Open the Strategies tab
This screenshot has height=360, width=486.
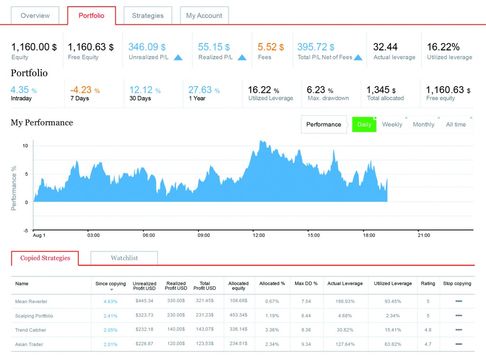coord(148,16)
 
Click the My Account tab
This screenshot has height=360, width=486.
coord(204,16)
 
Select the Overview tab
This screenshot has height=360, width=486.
coord(35,16)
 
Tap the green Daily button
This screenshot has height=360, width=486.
coord(364,124)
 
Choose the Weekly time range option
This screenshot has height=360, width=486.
coord(392,124)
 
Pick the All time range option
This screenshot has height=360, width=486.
coord(456,124)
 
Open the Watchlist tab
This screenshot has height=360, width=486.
coord(124,258)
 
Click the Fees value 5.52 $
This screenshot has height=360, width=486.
coord(271,47)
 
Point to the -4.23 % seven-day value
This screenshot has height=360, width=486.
coord(85,90)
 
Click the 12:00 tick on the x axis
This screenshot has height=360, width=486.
coord(259,235)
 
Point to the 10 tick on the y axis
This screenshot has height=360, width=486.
coord(25,145)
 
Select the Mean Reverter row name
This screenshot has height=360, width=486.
coord(31,302)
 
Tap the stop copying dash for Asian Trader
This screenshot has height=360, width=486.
coord(458,344)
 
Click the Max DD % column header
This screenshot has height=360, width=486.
coord(306,284)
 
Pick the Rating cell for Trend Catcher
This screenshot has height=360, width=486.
coord(428,330)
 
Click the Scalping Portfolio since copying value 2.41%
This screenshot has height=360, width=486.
coord(111,316)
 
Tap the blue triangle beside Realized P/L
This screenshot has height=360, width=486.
coord(242,57)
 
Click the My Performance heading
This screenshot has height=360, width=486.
coord(42,123)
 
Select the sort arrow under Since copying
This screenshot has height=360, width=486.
coord(111,290)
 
